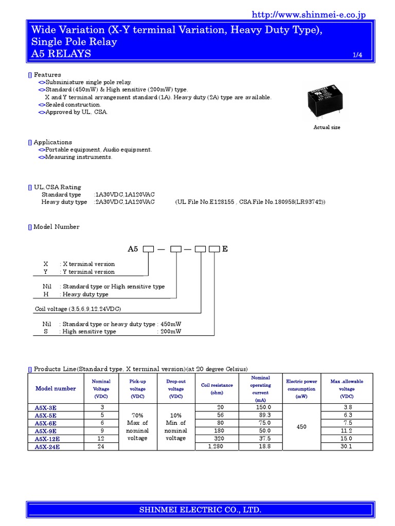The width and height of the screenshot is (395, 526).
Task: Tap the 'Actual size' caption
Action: [327, 127]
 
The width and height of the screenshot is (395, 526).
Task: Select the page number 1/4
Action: [357, 55]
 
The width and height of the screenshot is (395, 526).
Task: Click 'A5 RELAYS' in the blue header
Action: [61, 53]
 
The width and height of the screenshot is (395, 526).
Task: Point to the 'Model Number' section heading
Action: [56, 227]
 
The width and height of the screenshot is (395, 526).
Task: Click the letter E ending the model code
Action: [225, 249]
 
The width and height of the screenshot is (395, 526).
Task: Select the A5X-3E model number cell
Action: [46, 407]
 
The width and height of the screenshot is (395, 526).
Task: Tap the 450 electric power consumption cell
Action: [301, 427]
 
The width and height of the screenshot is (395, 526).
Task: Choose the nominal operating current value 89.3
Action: [263, 415]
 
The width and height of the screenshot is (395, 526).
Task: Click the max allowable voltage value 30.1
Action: [346, 446]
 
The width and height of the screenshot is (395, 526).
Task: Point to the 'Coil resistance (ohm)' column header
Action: [217, 389]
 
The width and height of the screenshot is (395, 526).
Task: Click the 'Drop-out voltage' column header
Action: [176, 389]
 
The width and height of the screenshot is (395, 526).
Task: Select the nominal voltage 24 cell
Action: [101, 446]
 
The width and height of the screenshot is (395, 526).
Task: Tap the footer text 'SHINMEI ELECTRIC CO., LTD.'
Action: [201, 510]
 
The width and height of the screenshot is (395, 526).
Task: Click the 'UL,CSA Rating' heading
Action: [57, 187]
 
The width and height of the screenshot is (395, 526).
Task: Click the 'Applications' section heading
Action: [52, 142]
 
